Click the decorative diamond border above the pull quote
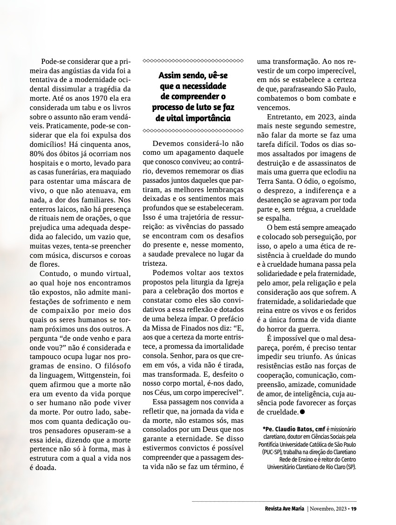click(x=193, y=61)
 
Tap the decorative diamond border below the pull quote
click(x=193, y=130)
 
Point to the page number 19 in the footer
click(x=354, y=509)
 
